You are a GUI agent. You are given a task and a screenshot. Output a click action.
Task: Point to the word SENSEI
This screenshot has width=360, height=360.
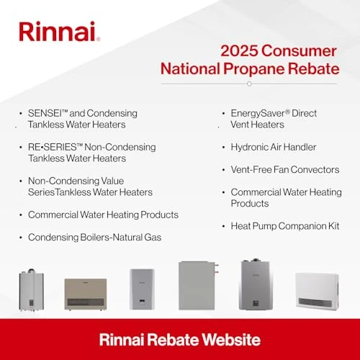point(47,114)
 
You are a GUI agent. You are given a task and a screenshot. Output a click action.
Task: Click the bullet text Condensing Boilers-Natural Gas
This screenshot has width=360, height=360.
point(95,237)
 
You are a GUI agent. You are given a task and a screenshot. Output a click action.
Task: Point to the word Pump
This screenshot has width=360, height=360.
point(266,225)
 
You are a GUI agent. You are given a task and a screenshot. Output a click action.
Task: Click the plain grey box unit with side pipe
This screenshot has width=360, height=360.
point(198,285)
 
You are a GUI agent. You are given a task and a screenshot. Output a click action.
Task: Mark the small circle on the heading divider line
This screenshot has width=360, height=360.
point(248,84)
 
